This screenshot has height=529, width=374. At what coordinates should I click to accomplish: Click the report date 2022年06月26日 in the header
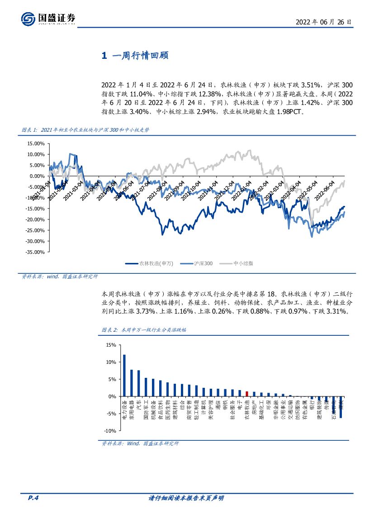tap(323, 22)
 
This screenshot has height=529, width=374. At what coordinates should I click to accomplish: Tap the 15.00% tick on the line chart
tap(36, 144)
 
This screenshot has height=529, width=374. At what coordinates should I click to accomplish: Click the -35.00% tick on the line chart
tap(35, 253)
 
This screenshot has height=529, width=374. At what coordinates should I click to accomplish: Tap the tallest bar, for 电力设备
tap(124, 375)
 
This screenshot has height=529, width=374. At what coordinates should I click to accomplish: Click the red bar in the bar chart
tap(247, 394)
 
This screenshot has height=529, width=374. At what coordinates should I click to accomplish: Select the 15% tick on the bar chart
tap(111, 345)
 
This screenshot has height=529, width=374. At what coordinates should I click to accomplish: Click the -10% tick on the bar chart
tap(110, 431)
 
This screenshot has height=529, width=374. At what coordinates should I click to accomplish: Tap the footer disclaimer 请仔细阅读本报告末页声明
tap(186, 499)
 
